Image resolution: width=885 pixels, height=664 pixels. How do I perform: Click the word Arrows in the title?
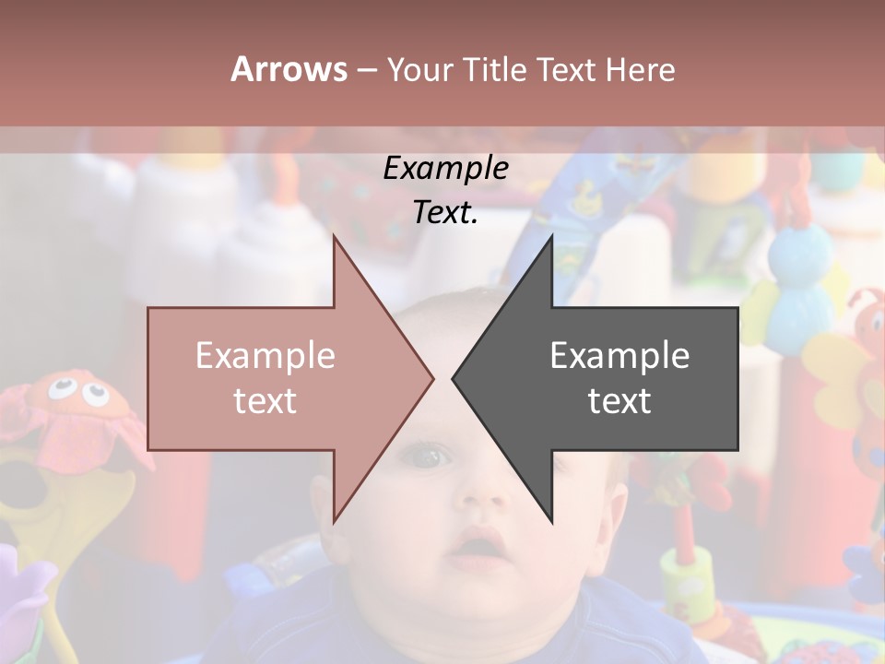289,69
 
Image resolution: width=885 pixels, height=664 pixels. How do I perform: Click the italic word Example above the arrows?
445,168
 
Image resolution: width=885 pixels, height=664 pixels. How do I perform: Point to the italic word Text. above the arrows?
445,212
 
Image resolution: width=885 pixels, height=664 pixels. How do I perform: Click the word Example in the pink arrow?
265,356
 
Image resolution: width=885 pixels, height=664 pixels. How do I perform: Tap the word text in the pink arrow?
265,401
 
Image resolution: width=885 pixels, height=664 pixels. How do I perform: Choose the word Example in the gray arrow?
619,356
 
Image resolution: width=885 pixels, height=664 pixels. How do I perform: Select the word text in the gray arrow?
619,401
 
